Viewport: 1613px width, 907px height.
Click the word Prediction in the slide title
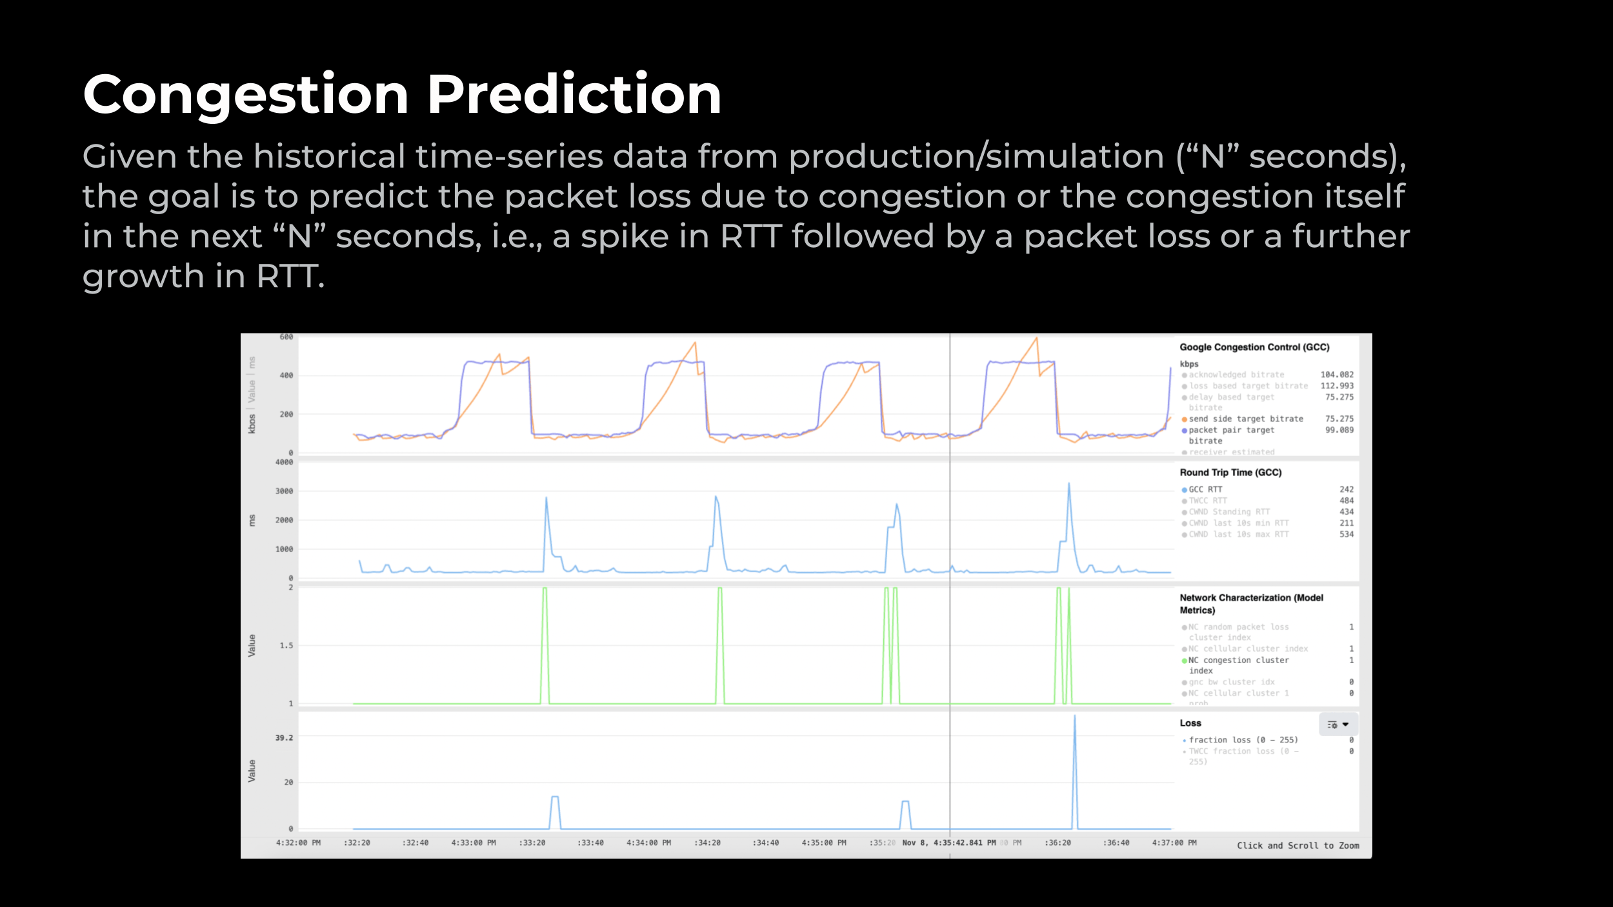click(574, 95)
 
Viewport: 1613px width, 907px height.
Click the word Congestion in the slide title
click(246, 95)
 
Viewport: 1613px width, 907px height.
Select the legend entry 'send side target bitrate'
click(1245, 419)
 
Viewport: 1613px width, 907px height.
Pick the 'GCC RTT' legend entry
click(1205, 490)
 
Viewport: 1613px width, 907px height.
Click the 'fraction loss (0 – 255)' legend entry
click(1243, 740)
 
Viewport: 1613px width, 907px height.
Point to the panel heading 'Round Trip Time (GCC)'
click(1230, 473)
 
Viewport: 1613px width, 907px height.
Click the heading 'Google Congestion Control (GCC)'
click(1254, 347)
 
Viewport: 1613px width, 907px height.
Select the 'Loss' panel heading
click(1190, 723)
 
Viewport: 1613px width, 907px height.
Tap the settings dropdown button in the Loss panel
click(1338, 724)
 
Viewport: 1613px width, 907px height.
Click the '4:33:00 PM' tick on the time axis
click(474, 843)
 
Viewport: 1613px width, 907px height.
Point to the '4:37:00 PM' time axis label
click(1174, 843)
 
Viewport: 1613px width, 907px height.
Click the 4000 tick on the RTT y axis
click(284, 463)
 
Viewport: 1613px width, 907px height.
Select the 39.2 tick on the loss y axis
click(284, 738)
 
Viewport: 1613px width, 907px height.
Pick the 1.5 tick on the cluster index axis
click(286, 646)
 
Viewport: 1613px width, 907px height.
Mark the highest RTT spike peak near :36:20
click(1069, 484)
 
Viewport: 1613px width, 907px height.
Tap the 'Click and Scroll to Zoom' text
click(1297, 846)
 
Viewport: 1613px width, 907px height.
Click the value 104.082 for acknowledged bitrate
click(1337, 375)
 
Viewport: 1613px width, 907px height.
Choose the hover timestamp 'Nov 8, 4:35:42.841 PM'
click(948, 843)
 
